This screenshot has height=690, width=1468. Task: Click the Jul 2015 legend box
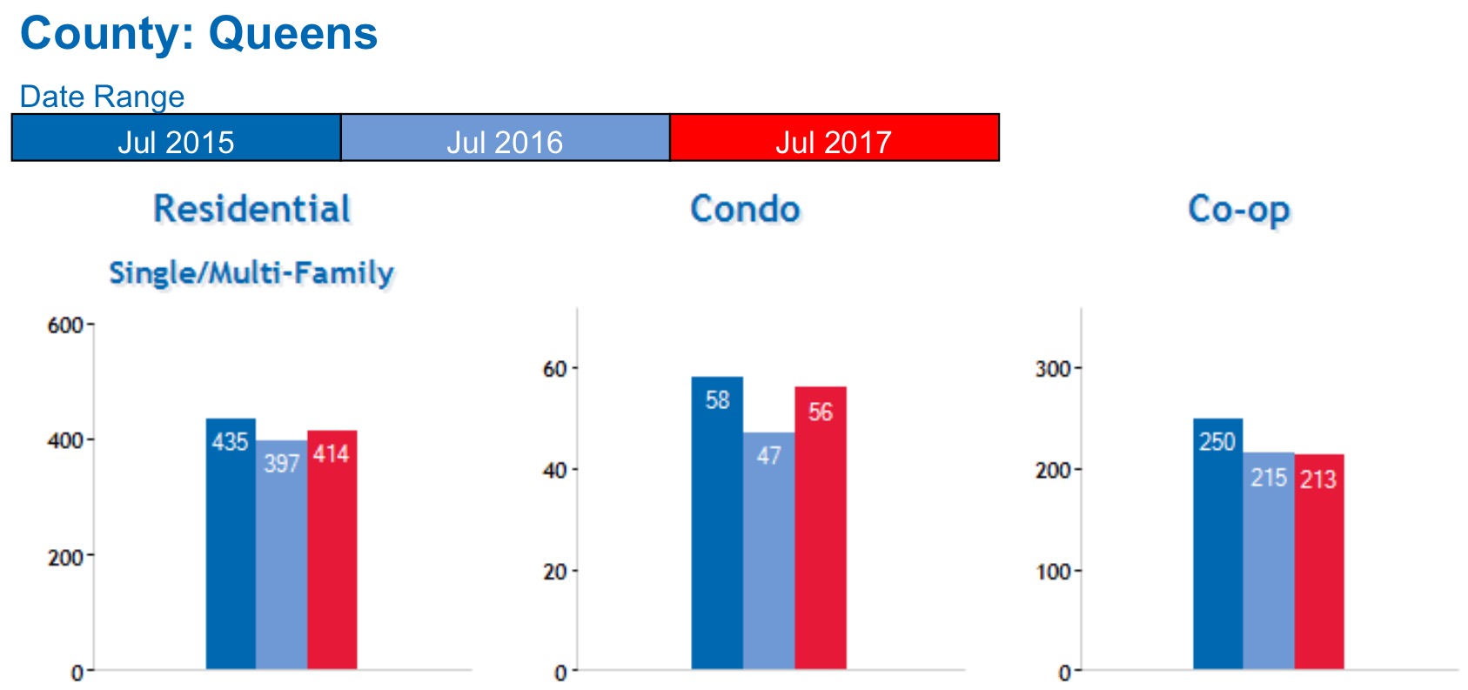coord(176,137)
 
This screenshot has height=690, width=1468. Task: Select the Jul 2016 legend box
coord(505,137)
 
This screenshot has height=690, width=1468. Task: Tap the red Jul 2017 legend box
coord(834,137)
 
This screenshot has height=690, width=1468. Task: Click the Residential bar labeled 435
coord(231,544)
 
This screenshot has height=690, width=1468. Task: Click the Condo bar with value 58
coord(717,522)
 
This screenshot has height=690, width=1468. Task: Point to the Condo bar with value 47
coord(768,553)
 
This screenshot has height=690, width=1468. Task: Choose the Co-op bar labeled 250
coord(1217,544)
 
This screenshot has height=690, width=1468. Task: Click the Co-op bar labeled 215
coord(1268,561)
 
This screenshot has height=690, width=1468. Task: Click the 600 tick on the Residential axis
coord(65,325)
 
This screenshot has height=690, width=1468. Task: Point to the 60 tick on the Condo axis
coord(555,369)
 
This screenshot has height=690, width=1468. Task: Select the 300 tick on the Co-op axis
coord(1053,369)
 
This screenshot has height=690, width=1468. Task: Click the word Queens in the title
coord(292,35)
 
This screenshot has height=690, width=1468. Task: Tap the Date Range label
coord(102,96)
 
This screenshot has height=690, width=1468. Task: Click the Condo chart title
coord(745,210)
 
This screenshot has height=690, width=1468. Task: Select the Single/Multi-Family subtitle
coord(251,273)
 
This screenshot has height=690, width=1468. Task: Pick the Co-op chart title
coord(1238,210)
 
